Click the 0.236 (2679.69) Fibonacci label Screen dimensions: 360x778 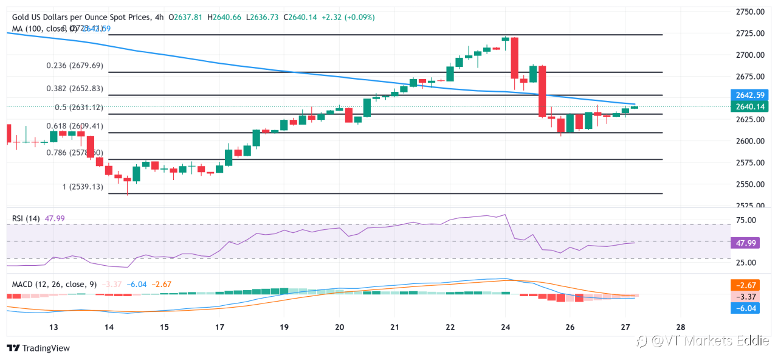tap(74, 66)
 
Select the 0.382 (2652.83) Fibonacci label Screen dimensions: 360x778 tap(74, 88)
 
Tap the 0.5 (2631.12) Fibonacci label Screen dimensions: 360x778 tap(78, 108)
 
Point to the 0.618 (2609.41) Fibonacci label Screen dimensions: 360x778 tap(74, 126)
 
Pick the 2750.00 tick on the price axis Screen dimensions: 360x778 tap(749, 12)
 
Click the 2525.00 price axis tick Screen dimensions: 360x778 tap(749, 206)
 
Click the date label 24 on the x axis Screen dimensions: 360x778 tap(505, 327)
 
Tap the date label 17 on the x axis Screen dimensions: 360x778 tap(220, 327)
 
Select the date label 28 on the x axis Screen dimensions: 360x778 tap(681, 327)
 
